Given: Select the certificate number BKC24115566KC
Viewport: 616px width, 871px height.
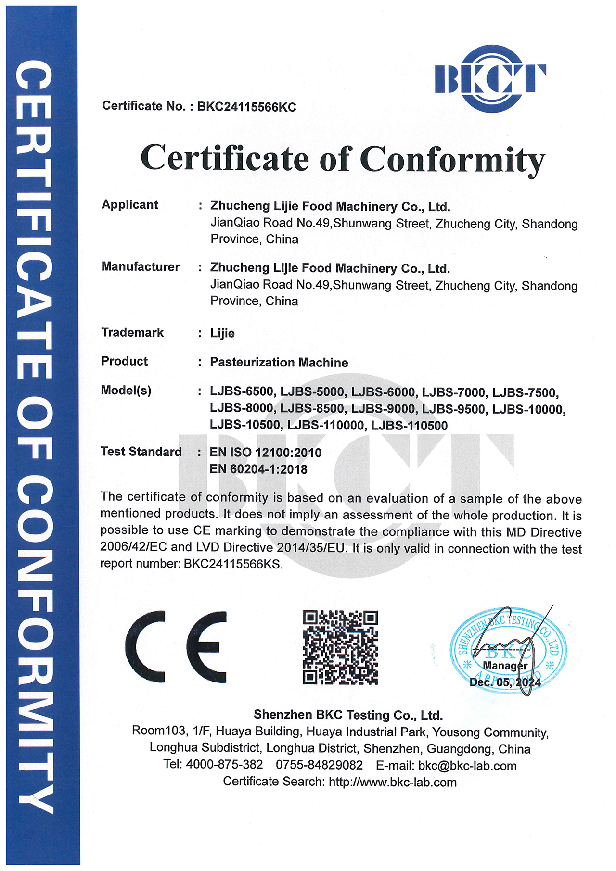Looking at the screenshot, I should (246, 107).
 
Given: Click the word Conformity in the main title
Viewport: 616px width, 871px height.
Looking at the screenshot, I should (452, 159).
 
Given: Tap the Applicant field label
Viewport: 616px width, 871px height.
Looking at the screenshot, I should (129, 205).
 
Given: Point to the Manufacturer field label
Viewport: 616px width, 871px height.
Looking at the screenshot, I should (140, 267).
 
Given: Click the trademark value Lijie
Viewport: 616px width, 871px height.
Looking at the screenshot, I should (222, 333).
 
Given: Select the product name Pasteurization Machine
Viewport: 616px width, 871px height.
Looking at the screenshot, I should (279, 362).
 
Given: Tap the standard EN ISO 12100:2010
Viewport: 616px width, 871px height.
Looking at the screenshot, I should (265, 453).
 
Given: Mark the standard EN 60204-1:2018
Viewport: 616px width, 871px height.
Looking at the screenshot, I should (258, 469).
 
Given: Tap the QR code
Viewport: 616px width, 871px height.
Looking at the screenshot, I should (340, 647).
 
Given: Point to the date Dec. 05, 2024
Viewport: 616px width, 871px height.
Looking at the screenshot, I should (505, 682).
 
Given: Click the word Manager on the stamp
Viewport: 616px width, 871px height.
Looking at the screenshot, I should (505, 666).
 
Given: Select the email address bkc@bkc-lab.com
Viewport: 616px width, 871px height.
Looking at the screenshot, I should (467, 766).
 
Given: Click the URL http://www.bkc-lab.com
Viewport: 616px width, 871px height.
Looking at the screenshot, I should (392, 782).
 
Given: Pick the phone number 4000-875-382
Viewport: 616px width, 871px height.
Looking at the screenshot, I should (224, 765).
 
